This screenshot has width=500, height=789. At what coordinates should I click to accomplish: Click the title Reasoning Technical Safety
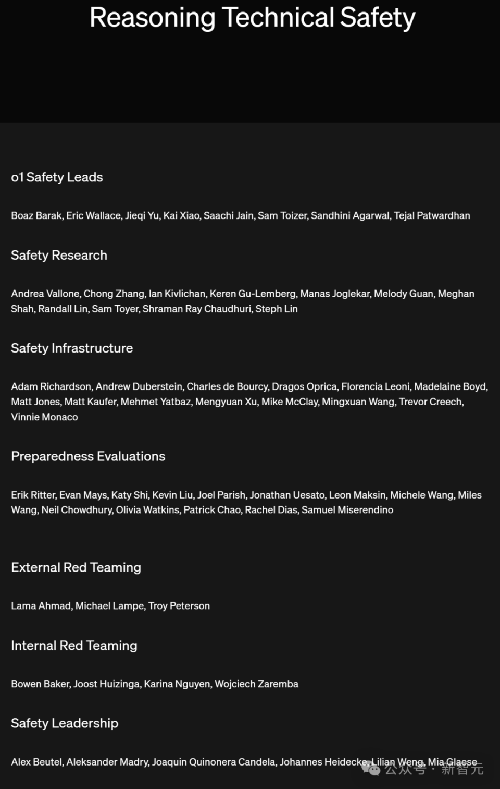(x=252, y=18)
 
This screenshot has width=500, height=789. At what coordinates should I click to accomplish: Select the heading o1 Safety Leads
(x=57, y=177)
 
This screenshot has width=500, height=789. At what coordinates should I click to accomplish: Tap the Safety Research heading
(x=59, y=255)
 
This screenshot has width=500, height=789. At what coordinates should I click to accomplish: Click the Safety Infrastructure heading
(x=72, y=348)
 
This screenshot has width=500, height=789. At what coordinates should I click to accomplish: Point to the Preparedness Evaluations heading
(x=88, y=456)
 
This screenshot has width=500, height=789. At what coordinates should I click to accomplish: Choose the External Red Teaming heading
(x=76, y=567)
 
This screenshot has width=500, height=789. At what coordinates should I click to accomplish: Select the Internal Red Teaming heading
(x=74, y=646)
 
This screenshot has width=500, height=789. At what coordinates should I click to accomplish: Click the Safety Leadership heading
(x=65, y=723)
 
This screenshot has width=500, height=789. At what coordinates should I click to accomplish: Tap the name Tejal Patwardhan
(x=432, y=215)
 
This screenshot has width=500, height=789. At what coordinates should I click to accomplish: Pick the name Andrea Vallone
(x=45, y=294)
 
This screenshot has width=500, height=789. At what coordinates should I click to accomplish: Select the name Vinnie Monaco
(x=44, y=417)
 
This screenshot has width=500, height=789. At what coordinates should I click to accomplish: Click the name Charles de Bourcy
(x=227, y=386)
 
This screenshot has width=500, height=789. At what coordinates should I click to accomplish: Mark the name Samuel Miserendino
(x=347, y=509)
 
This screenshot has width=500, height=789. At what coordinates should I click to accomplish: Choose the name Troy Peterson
(x=179, y=606)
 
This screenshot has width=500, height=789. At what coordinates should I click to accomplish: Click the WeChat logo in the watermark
(x=371, y=768)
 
